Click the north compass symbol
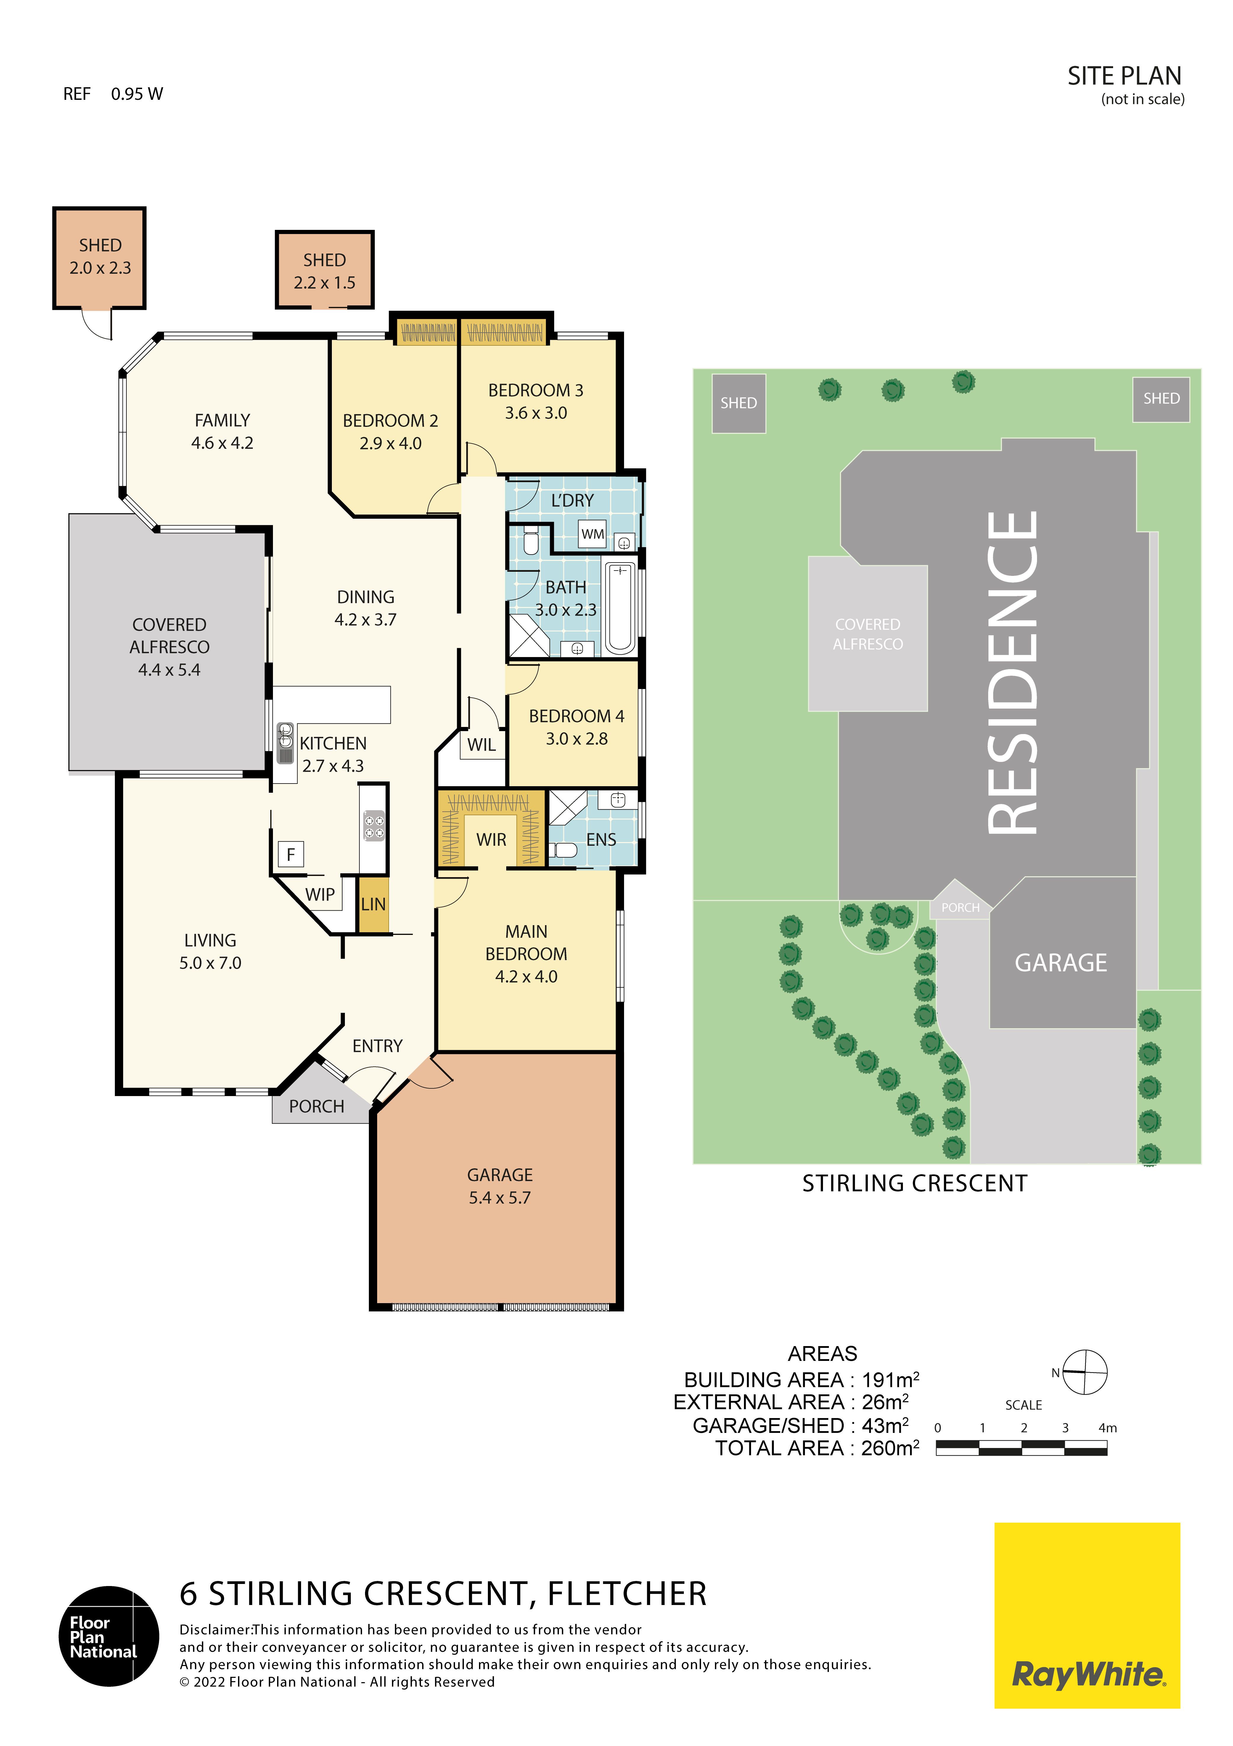pos(1084,1373)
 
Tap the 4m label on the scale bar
pos(1107,1428)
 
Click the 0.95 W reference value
pos(137,94)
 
